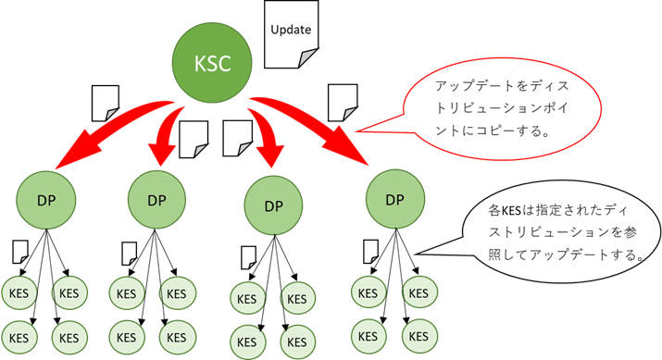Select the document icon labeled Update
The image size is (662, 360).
click(x=290, y=33)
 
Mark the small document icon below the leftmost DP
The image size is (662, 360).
click(x=19, y=250)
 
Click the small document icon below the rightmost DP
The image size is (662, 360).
click(x=370, y=249)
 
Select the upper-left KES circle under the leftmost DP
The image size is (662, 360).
click(x=19, y=293)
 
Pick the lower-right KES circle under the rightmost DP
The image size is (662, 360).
click(x=418, y=332)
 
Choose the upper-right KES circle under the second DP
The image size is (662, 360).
click(x=178, y=293)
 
